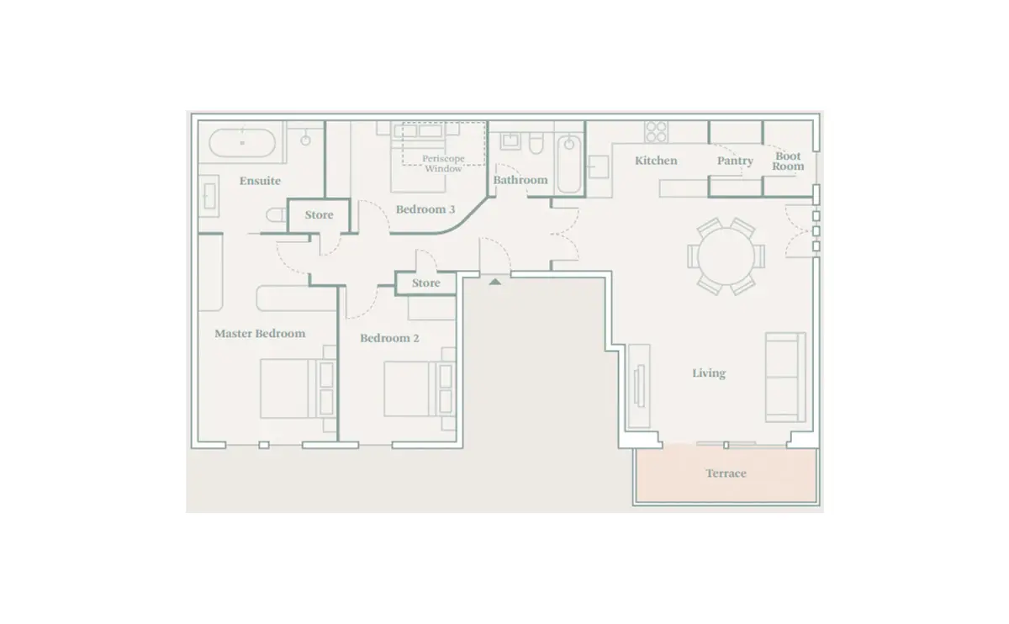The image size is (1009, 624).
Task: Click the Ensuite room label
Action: [260, 181]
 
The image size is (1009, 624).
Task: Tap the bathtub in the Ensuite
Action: [242, 143]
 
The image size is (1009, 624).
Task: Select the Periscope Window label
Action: [443, 163]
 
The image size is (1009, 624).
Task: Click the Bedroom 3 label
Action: [425, 209]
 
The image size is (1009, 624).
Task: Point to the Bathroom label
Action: [520, 180]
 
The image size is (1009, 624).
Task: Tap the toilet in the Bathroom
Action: [536, 143]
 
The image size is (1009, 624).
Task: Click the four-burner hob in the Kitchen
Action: [656, 131]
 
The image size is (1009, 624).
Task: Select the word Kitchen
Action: [656, 161]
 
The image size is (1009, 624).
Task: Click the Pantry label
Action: [735, 161]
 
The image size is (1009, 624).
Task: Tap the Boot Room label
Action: [788, 161]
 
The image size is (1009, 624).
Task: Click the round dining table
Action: [726, 256]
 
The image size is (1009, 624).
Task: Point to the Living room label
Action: [709, 373]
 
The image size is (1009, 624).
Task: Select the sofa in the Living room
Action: [785, 377]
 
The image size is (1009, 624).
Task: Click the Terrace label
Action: [726, 473]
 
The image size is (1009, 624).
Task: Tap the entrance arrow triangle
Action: [495, 282]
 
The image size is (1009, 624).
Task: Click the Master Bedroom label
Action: [260, 333]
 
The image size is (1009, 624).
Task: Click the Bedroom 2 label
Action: [389, 338]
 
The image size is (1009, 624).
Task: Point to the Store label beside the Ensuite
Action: [319, 215]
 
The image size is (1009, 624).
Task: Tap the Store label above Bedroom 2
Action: [426, 283]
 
